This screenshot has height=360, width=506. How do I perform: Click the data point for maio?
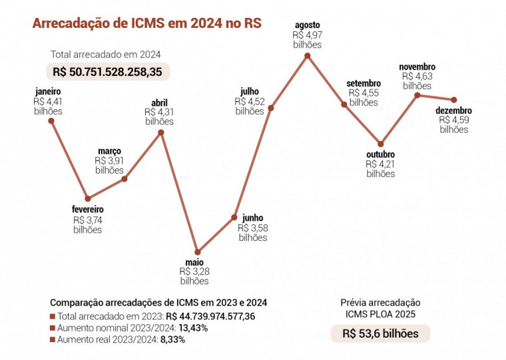pos(198,252)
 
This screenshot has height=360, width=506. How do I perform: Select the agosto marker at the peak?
pos(307,56)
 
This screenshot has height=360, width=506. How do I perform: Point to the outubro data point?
pos(380,144)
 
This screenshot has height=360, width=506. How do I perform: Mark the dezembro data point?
pos(454,99)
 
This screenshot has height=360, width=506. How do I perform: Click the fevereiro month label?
pos(87,209)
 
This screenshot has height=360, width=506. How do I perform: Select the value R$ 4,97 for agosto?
pos(307,35)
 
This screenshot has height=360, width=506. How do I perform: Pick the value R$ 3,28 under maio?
pos(194,271)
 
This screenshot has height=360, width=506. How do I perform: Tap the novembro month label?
pos(417,67)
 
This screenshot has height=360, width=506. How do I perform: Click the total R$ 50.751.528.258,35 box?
pos(108,71)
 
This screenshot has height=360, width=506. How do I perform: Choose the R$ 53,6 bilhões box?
pos(380,333)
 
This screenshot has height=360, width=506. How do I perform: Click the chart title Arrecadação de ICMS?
pos(146,23)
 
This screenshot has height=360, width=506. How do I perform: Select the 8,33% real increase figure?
pos(172,339)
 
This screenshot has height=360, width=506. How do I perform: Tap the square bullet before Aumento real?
pos(53,339)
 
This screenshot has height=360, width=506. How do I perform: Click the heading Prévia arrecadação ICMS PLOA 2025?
pos(380,307)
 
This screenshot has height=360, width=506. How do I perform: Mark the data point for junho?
pos(234,217)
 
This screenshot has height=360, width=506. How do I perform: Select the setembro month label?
pos(364,83)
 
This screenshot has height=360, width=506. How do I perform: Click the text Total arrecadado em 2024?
pos(105,55)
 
